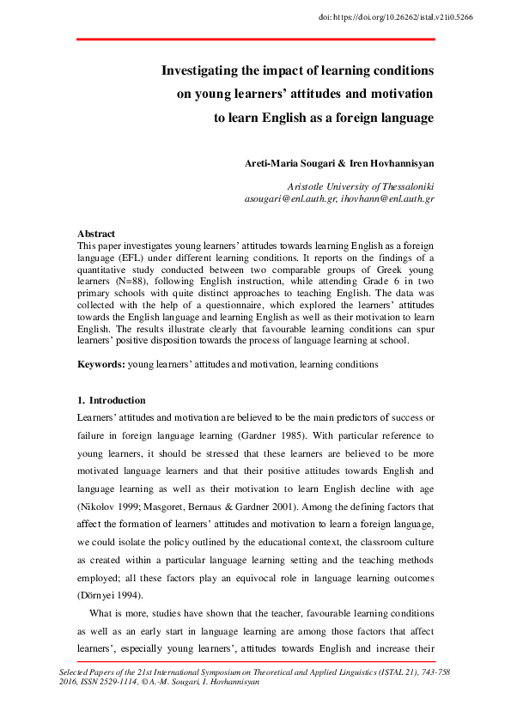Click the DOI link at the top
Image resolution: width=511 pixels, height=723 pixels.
(x=422, y=16)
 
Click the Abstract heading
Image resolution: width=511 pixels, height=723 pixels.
(x=96, y=234)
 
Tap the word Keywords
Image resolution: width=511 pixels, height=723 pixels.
(x=100, y=364)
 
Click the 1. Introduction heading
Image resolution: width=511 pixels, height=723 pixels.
(x=112, y=400)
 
